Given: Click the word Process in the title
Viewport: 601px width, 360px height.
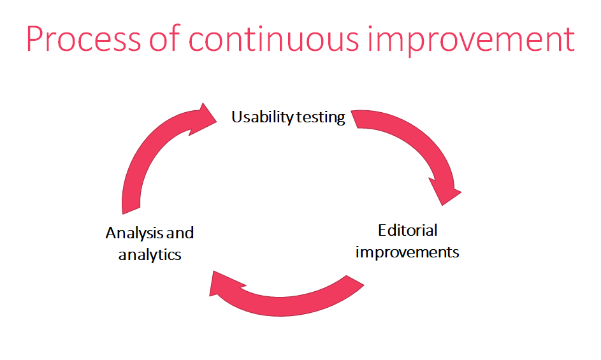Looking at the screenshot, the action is (x=83, y=39).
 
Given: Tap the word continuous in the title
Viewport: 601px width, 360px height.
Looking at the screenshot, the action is (x=273, y=39).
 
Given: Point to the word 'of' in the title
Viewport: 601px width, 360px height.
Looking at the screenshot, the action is (x=164, y=38).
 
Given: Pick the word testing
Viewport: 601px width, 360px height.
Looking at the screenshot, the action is (x=321, y=117).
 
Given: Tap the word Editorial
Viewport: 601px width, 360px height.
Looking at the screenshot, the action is (x=407, y=231).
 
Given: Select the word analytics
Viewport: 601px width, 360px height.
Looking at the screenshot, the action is (x=150, y=255).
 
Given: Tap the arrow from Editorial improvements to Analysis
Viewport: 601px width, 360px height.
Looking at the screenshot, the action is (x=282, y=306).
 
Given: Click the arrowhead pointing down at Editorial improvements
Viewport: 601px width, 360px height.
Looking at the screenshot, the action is (x=445, y=191).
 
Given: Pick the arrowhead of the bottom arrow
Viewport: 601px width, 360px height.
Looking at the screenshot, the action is (x=224, y=284).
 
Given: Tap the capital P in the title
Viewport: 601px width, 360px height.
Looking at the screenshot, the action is (x=34, y=39).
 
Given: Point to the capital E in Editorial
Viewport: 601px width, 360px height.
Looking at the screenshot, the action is (x=382, y=231).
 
